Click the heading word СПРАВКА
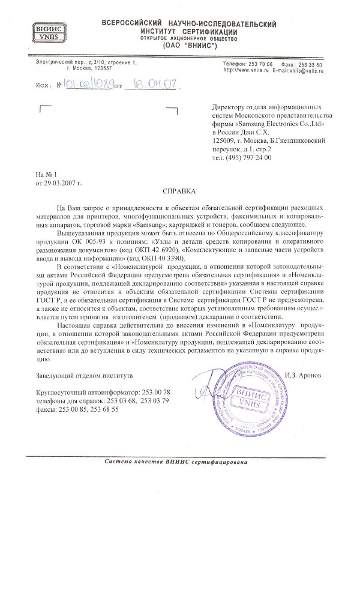(x=180, y=191)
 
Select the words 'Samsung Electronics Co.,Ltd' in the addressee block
(x=283, y=122)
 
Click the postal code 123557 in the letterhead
(x=95, y=69)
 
